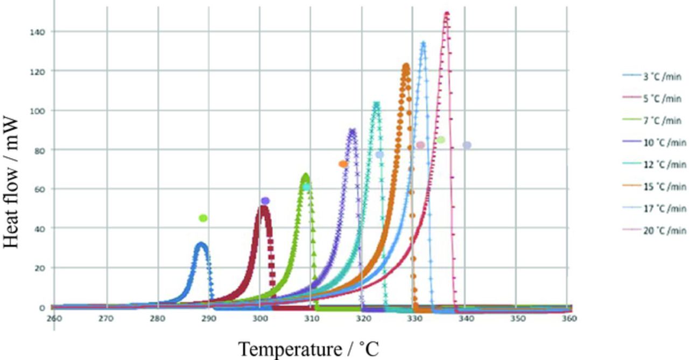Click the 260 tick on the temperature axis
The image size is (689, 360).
54,319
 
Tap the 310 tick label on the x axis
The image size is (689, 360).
311,319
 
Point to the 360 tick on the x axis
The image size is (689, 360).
569,319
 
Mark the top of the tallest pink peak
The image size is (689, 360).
446,13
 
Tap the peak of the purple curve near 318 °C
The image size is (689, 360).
352,130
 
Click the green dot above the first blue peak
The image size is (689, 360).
203,218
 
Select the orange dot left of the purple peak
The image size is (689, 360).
343,164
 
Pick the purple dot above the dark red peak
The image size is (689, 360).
265,201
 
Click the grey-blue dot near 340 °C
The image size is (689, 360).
467,145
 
